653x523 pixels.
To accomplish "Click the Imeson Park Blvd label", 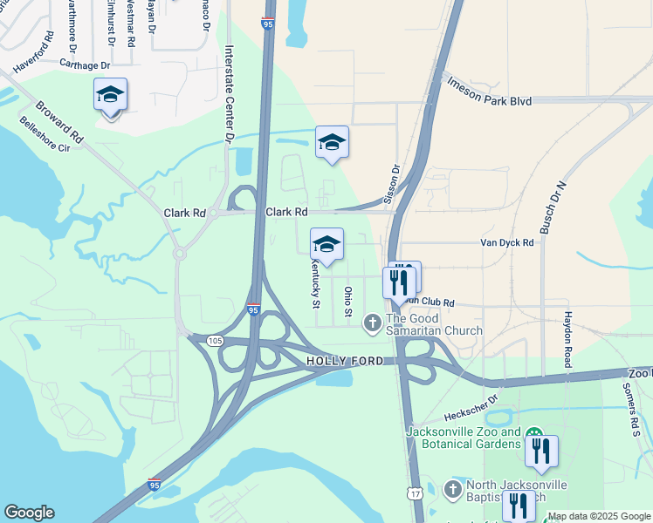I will (488, 92).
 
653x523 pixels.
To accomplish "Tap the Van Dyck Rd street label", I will (506, 243).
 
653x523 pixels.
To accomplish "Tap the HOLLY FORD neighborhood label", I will (346, 361).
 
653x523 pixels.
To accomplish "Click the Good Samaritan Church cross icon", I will (372, 323).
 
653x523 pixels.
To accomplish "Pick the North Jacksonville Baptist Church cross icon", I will (453, 489).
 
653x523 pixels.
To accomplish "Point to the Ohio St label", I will (347, 301).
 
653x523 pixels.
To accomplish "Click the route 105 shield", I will (215, 341).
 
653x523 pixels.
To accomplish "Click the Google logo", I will (29, 513).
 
